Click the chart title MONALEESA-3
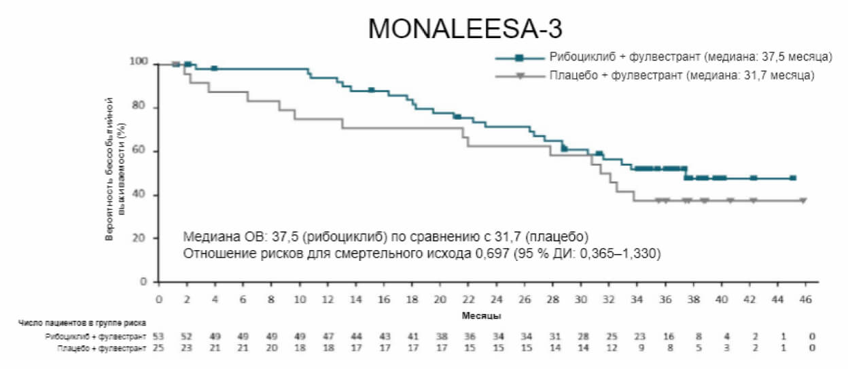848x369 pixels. (465, 29)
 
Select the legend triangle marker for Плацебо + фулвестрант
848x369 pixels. (519, 75)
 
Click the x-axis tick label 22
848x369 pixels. (468, 300)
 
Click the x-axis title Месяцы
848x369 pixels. (482, 316)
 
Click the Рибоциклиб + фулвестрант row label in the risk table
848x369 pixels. (95, 336)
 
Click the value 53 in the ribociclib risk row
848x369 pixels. (159, 336)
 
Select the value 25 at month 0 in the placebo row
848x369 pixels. (159, 347)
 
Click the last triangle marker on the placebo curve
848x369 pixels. (803, 200)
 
